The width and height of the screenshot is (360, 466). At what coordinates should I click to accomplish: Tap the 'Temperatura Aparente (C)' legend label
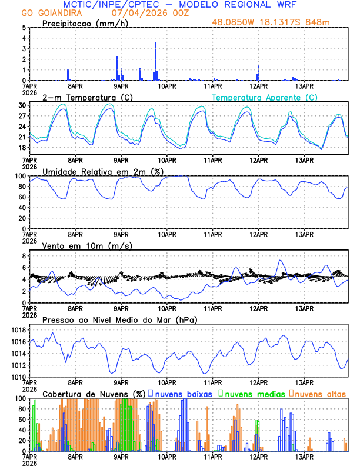point(265,97)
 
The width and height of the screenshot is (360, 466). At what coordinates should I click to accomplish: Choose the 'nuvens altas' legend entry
point(320,393)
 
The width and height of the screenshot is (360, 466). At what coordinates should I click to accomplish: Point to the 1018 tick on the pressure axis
point(19,330)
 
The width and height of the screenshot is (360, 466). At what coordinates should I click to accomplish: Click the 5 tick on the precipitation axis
point(24,28)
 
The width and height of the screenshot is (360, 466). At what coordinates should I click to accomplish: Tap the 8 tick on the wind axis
point(24,256)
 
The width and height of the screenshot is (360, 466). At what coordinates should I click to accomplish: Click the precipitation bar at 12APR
point(258,73)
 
